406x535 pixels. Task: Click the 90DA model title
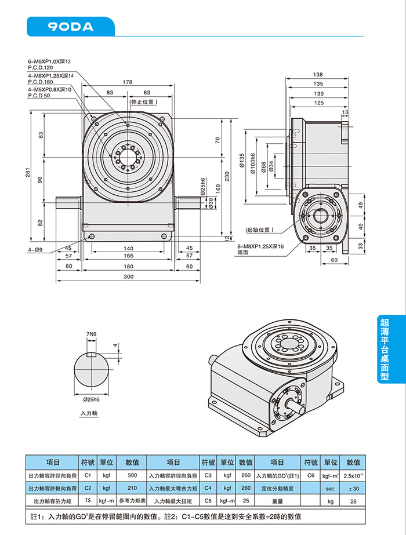pos(71,26)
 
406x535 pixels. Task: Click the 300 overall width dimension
pos(128,276)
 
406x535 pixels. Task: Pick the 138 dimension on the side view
pos(318,75)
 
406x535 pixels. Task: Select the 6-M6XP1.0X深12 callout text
pos(49,61)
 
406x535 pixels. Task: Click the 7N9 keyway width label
pos(90,335)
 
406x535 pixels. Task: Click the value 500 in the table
pos(132,475)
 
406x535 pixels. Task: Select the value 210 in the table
pos(132,488)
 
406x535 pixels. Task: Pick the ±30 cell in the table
pos(353,488)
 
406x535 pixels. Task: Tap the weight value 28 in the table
pos(353,501)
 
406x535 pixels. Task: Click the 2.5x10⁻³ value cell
pos(353,475)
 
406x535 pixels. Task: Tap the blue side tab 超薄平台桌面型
pos(384,348)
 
